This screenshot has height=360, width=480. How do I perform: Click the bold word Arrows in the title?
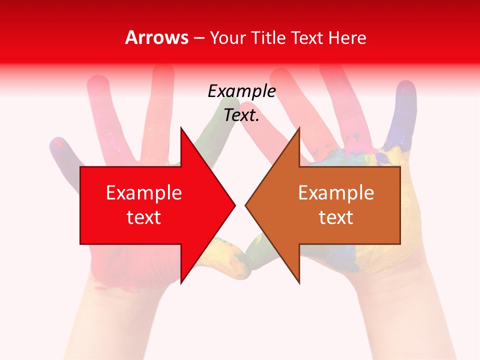[x=157, y=37]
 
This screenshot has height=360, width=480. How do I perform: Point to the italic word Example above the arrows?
[x=241, y=91]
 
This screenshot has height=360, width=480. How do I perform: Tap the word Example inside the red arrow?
[x=143, y=193]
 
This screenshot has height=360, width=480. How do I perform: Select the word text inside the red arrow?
[x=143, y=217]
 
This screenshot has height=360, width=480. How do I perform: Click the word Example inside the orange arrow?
[x=336, y=193]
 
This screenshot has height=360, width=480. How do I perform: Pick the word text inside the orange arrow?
[x=336, y=217]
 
